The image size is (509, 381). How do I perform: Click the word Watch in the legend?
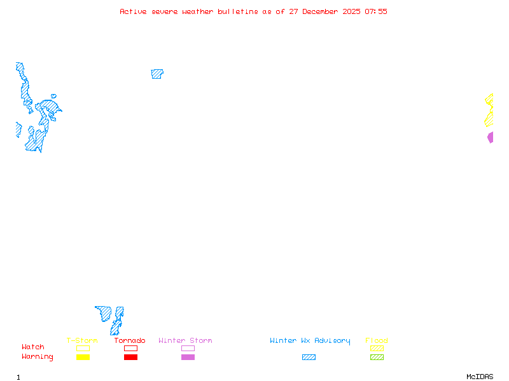click(x=33, y=347)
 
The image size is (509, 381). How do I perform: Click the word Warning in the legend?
click(x=38, y=357)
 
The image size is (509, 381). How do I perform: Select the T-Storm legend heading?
click(x=82, y=341)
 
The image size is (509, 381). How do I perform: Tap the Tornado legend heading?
click(x=130, y=341)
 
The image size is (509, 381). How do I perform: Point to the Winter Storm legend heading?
click(x=185, y=341)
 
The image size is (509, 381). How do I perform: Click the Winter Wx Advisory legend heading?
click(x=310, y=341)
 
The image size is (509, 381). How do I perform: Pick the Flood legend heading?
click(x=377, y=341)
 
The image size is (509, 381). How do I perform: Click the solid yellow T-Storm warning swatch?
click(x=83, y=358)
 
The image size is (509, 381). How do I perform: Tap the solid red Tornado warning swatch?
click(x=130, y=358)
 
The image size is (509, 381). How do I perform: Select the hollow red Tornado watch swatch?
click(x=130, y=348)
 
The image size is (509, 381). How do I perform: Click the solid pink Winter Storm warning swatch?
click(x=188, y=358)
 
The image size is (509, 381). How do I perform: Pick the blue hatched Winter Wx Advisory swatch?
click(x=309, y=358)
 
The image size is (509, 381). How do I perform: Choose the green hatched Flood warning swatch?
click(x=377, y=358)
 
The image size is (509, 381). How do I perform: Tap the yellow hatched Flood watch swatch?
click(x=377, y=348)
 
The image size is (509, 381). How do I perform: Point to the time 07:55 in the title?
click(x=375, y=11)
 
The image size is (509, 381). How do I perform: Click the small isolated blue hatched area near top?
click(x=157, y=74)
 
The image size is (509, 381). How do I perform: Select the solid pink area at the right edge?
click(x=491, y=137)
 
